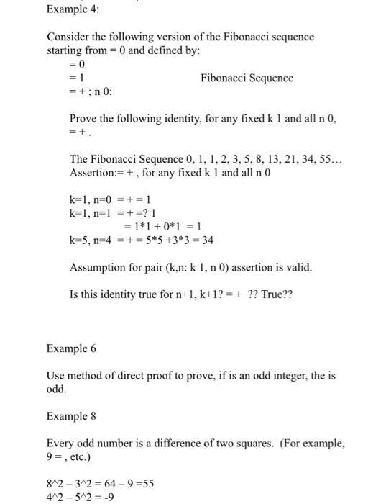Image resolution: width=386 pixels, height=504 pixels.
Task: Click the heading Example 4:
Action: coord(73,10)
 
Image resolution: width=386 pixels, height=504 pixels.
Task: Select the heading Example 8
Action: coord(70,416)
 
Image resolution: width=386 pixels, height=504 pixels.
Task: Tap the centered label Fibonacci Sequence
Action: coord(247,78)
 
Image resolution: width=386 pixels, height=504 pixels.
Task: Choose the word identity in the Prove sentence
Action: coord(189,118)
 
